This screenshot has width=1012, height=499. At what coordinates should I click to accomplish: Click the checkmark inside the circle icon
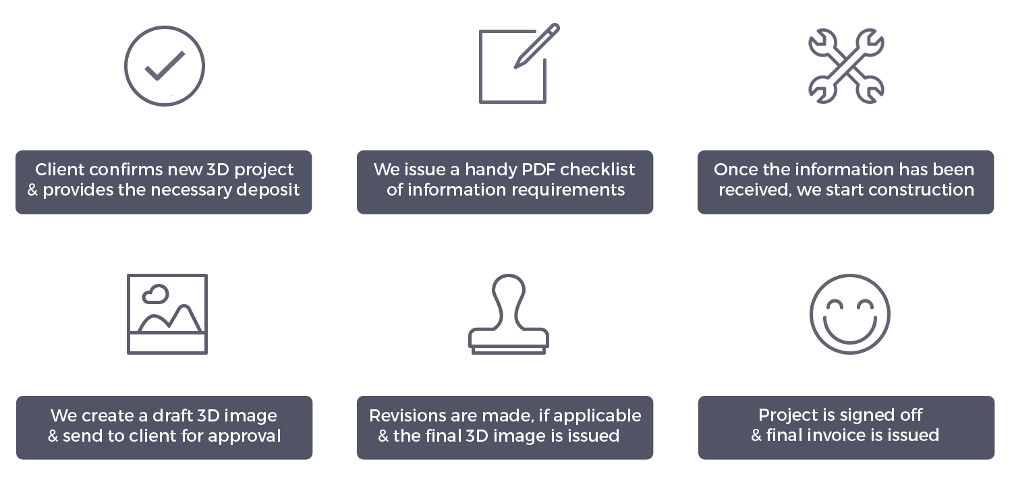164,67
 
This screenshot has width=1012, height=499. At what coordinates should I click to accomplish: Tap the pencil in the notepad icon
536,46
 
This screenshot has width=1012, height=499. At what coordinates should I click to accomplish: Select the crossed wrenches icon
846,66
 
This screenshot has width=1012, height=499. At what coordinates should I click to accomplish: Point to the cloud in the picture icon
157,293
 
